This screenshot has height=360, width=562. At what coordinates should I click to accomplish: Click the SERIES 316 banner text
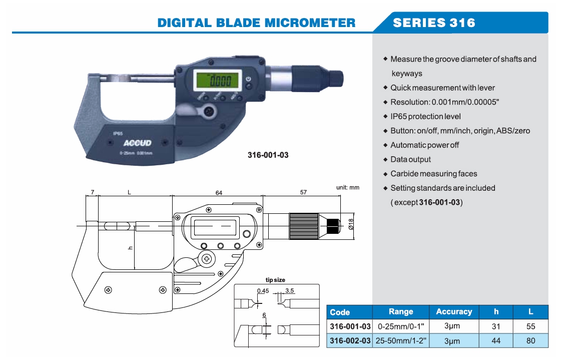[434, 23]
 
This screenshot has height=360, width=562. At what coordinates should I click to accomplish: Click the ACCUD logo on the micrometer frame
[134, 143]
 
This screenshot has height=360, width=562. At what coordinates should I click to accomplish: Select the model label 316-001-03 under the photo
[268, 155]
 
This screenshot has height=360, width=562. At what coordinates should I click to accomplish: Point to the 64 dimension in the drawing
[219, 192]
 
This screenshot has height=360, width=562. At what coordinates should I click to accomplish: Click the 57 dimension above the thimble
[303, 192]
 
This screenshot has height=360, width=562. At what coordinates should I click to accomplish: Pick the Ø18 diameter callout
[350, 224]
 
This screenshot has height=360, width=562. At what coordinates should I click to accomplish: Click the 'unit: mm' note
[347, 187]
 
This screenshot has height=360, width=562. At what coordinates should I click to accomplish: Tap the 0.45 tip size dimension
[262, 291]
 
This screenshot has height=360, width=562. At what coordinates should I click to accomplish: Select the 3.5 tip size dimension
[289, 291]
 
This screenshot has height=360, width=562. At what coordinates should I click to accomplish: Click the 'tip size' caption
[275, 280]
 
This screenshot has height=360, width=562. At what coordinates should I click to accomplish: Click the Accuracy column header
[453, 311]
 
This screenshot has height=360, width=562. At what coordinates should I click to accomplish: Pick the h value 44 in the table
[496, 341]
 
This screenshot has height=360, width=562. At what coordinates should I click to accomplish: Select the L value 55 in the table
[530, 326]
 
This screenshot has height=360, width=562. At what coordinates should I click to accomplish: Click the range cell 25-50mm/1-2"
[401, 341]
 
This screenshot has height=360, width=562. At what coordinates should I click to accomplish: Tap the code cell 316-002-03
[350, 341]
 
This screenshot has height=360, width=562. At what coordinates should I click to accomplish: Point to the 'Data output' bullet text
[410, 159]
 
